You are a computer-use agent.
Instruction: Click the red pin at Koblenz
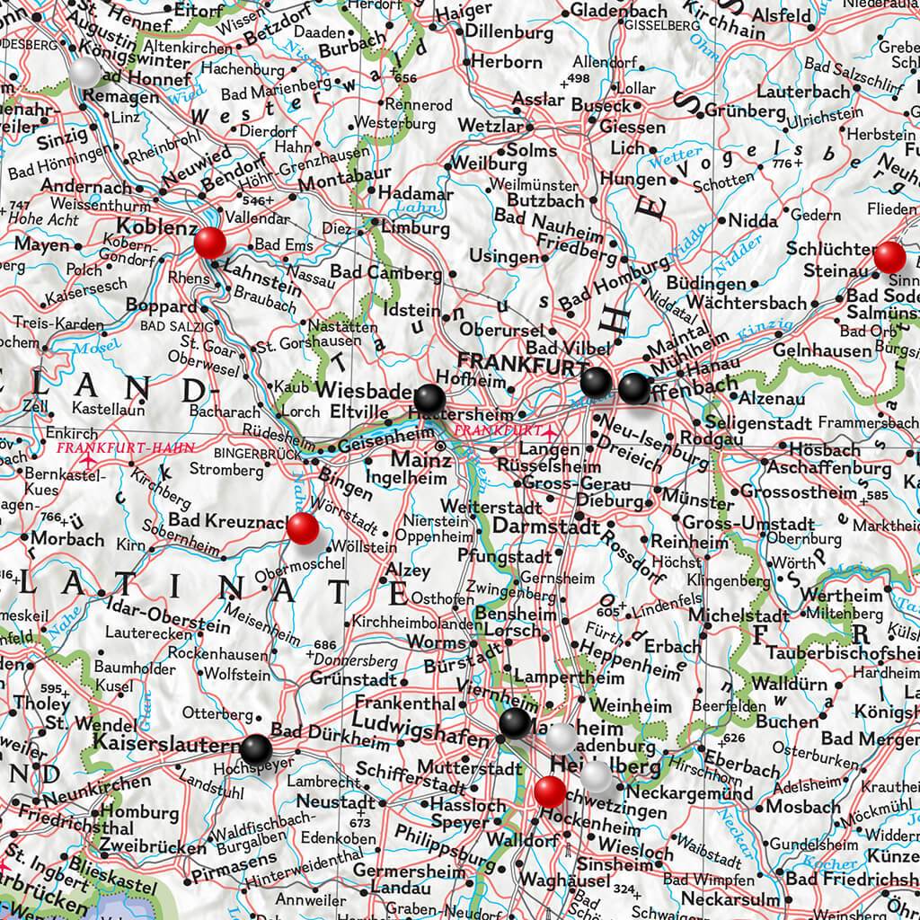(210, 242)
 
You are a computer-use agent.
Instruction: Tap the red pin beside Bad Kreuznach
(302, 528)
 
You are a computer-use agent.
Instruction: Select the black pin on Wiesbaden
(429, 397)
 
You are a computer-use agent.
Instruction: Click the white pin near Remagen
(85, 72)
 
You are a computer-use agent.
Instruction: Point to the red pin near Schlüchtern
(890, 257)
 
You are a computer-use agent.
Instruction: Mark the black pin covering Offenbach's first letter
(633, 388)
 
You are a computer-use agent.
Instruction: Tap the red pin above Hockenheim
(550, 792)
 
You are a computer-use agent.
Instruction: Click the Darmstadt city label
(546, 526)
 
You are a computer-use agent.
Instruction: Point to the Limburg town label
(415, 228)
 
